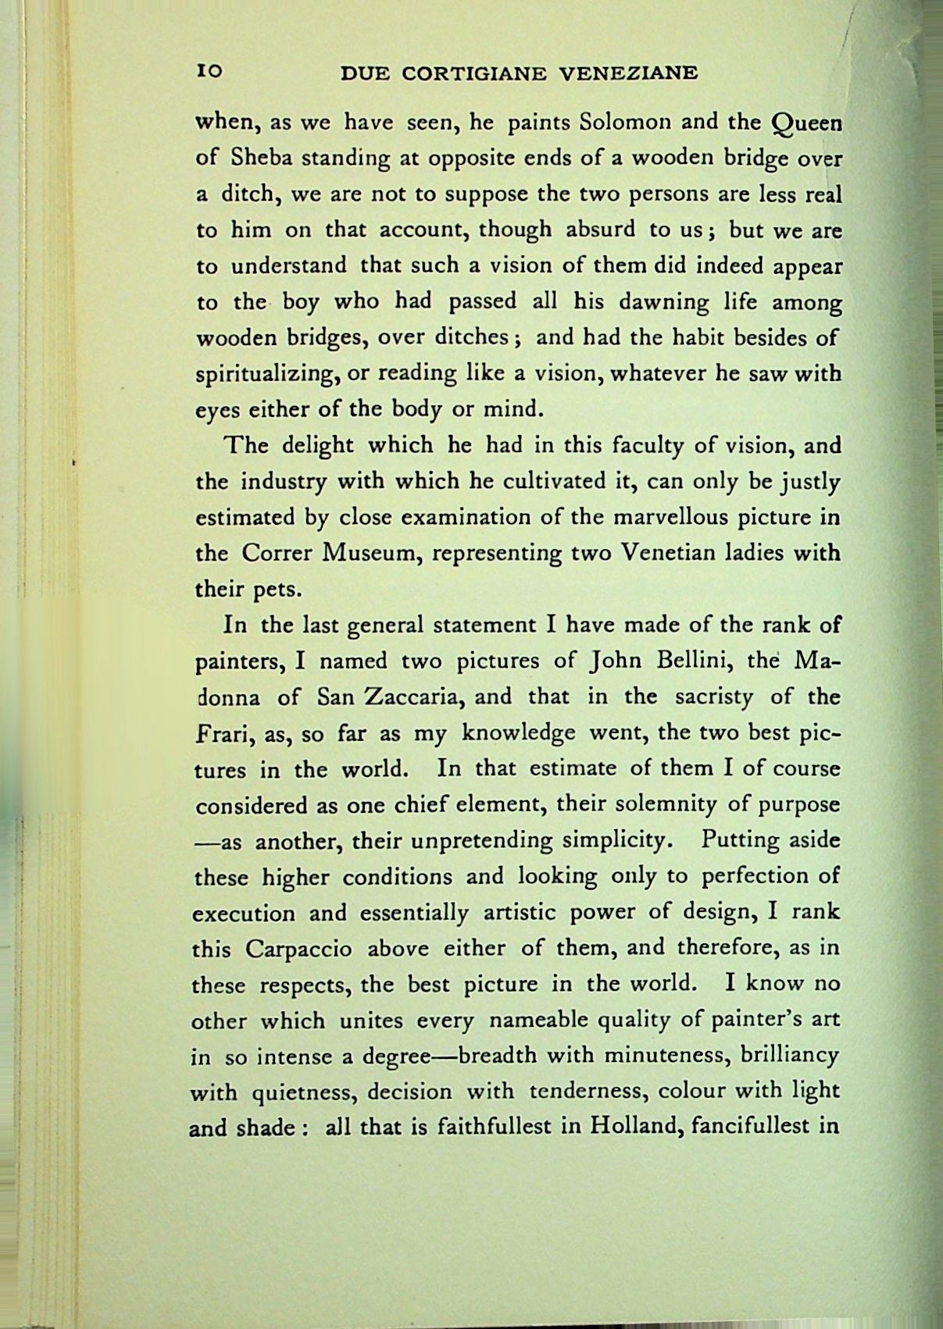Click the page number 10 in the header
click(x=210, y=72)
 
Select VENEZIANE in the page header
click(x=630, y=73)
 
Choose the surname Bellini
click(x=694, y=661)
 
